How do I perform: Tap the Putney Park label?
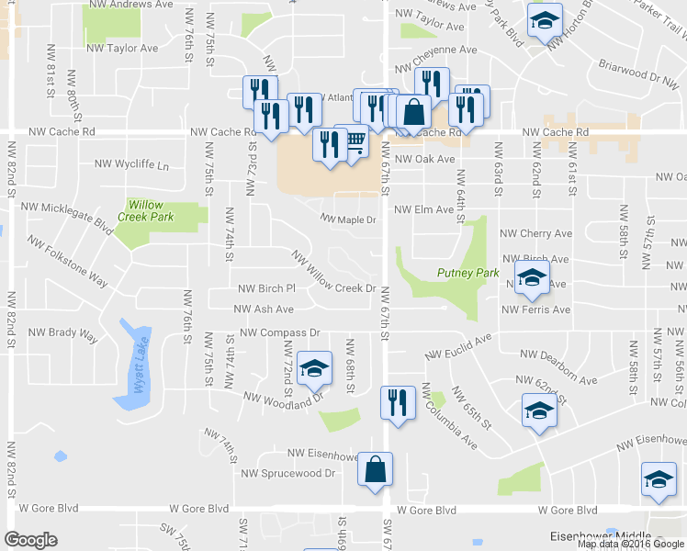467,273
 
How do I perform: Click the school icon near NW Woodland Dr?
314,369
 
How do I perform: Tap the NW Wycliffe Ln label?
132,165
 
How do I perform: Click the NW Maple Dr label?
348,219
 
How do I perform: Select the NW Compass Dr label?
278,332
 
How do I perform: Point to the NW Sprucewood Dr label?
288,473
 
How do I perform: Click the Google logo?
30,540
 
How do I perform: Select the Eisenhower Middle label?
602,535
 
